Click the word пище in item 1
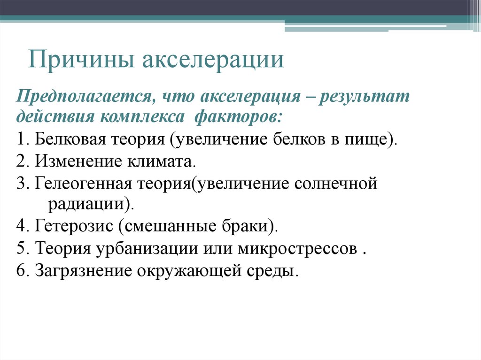(371, 140)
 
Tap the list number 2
(19, 162)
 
